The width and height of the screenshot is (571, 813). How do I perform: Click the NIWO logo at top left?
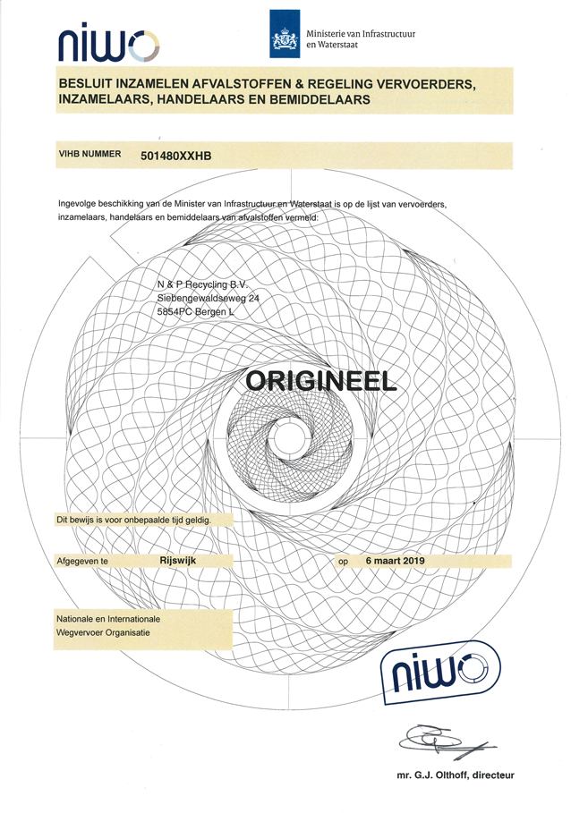click(x=108, y=44)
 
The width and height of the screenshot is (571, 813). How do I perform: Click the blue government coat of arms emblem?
click(x=285, y=34)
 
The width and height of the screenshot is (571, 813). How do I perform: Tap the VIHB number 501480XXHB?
click(x=175, y=156)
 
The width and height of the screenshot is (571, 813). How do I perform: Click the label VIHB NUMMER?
click(x=89, y=154)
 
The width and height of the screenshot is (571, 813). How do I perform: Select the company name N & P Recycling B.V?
click(x=203, y=284)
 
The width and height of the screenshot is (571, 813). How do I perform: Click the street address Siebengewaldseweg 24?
click(x=209, y=298)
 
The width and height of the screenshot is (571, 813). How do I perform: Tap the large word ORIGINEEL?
click(x=321, y=382)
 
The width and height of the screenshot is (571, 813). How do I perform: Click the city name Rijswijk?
click(x=178, y=560)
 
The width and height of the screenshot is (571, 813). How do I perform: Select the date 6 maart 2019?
click(x=396, y=561)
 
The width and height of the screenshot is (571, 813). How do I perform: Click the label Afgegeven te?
click(x=82, y=561)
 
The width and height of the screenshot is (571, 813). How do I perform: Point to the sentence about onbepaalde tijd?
click(x=134, y=520)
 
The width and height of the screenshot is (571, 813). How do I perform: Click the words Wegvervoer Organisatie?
click(x=103, y=632)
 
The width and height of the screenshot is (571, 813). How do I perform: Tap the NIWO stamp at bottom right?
click(x=441, y=673)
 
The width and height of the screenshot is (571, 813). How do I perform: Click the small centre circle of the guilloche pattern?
click(x=289, y=440)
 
